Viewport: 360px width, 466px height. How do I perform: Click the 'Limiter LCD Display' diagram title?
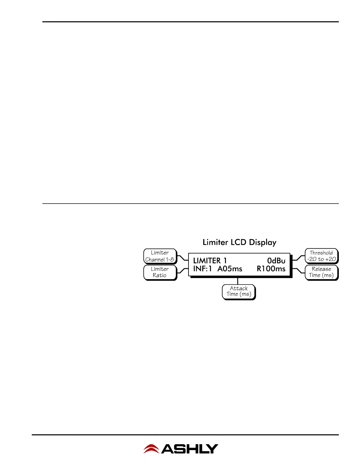point(239,242)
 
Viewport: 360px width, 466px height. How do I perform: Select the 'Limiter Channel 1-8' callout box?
point(160,256)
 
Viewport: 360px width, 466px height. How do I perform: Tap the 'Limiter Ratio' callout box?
point(160,272)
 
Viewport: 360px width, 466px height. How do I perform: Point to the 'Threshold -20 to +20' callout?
point(321,256)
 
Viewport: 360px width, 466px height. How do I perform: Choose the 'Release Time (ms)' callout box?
point(321,272)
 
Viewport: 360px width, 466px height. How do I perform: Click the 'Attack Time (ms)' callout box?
point(239,291)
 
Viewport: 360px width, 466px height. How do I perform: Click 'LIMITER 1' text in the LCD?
point(210,261)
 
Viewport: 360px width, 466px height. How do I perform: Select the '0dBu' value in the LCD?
point(276,261)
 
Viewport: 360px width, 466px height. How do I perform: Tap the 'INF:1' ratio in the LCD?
point(202,269)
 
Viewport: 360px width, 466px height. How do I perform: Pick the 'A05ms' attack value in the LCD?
point(230,269)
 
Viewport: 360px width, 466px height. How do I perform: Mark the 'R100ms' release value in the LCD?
point(271,269)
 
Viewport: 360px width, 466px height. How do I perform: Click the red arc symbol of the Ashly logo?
point(151,449)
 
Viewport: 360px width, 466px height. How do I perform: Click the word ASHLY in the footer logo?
point(190,449)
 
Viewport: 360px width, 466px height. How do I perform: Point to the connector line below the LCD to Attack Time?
point(238,281)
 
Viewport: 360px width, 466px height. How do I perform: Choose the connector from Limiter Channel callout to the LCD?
point(183,258)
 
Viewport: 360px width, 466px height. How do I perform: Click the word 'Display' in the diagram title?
point(263,242)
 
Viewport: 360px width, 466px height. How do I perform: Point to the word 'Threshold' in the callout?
point(321,253)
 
